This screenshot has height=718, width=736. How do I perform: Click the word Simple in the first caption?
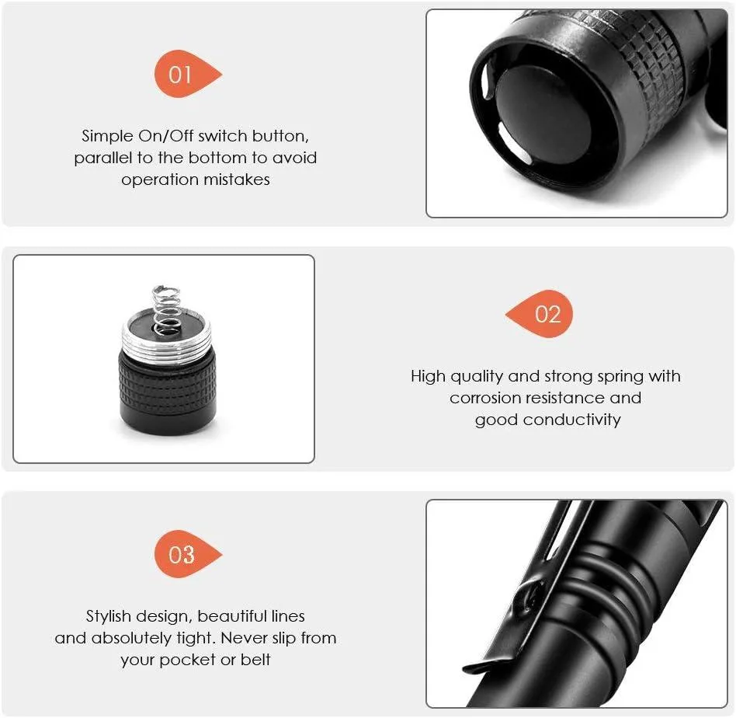[107, 136]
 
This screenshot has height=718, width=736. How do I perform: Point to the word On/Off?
[165, 136]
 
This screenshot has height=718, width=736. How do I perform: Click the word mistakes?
[237, 179]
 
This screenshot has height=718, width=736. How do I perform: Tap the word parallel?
[103, 159]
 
